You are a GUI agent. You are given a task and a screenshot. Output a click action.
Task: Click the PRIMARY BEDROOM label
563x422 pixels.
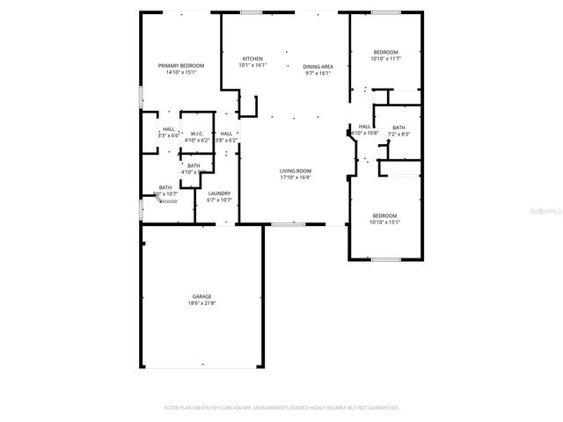[x=181, y=66]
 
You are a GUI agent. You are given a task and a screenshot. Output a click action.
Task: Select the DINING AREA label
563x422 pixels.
[x=318, y=67]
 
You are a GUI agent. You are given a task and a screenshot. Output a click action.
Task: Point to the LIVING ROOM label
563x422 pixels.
[x=296, y=171]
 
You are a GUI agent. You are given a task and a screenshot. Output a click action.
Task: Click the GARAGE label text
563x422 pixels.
[x=202, y=296]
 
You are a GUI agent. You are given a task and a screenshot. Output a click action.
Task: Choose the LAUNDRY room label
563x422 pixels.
[x=219, y=193]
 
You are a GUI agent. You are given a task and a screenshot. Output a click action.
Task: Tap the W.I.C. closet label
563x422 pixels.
[x=197, y=134]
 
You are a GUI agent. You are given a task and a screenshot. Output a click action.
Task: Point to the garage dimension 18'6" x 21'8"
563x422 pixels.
[x=202, y=303]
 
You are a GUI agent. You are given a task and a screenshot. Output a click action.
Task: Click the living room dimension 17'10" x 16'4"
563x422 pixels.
[x=296, y=178]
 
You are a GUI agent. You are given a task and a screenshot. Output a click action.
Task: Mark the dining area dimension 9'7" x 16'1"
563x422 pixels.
[x=318, y=74]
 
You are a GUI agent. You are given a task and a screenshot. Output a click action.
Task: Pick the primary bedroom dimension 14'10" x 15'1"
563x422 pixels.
[x=181, y=73]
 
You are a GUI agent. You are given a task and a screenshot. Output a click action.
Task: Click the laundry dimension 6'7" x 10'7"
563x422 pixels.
[x=219, y=200]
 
